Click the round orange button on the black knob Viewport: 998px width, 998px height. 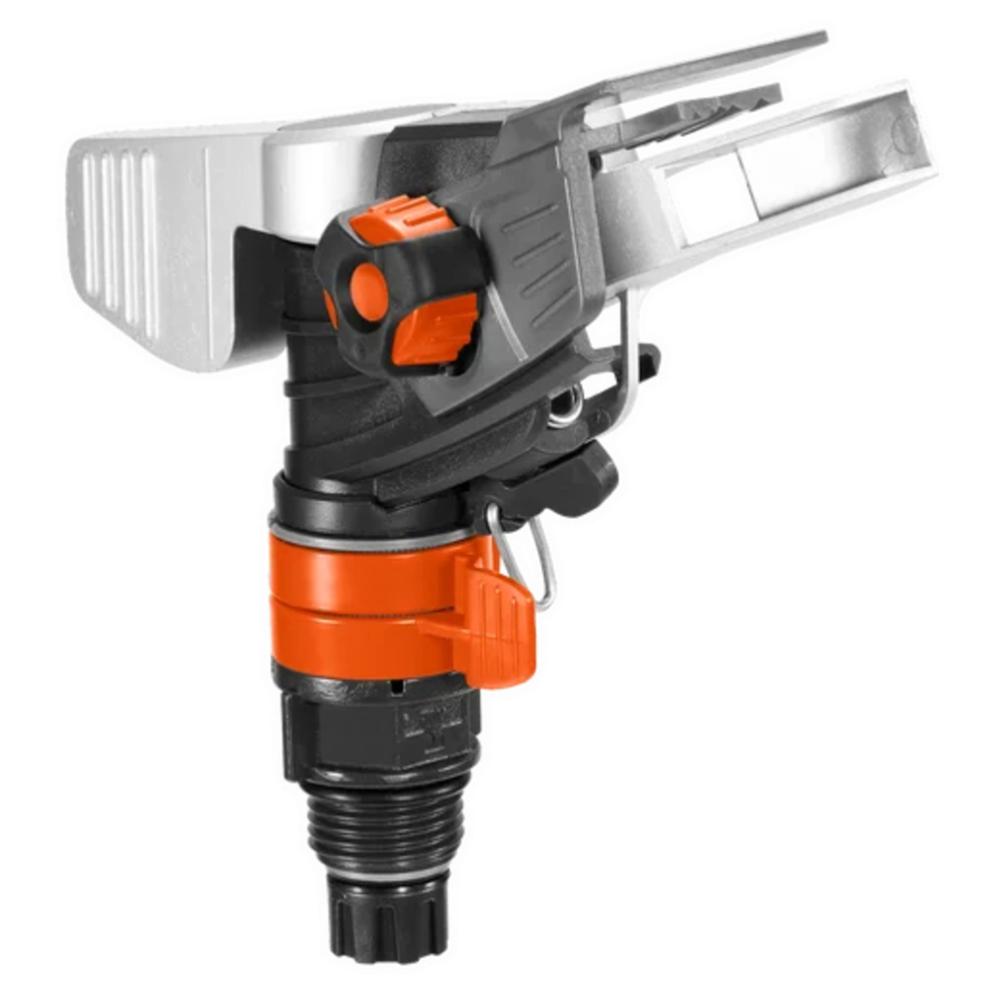[369, 292]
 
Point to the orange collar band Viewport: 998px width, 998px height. [359, 599]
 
